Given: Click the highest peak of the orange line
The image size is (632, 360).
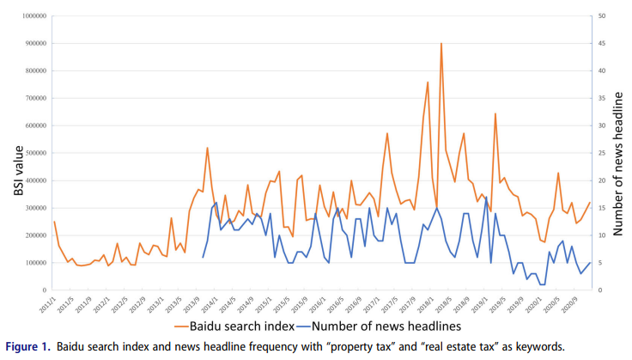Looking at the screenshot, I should point(441,43).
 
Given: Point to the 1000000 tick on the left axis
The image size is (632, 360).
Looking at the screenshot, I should point(31,15).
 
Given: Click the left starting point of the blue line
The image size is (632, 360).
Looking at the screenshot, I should point(204,257).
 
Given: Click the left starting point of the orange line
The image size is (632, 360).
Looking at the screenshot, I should point(54,222).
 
